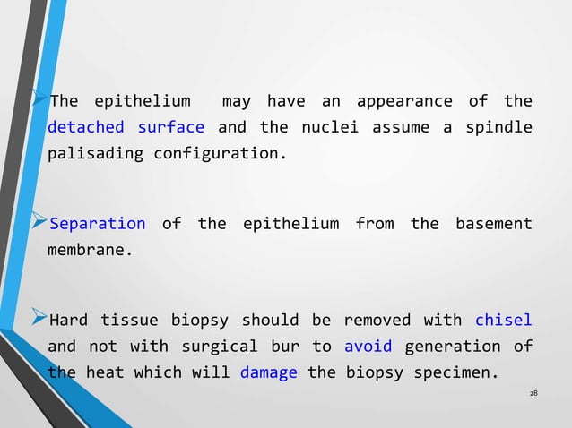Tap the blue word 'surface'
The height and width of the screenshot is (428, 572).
(170, 127)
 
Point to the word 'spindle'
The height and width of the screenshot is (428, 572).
(498, 127)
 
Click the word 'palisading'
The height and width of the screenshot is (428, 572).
(95, 153)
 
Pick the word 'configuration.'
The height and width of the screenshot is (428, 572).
(221, 153)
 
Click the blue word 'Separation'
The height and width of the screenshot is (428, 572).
(98, 224)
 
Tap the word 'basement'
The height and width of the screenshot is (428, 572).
(494, 224)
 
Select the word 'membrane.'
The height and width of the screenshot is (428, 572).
(90, 250)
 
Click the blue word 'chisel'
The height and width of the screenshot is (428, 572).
(503, 320)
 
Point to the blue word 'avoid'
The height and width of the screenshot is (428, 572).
(367, 346)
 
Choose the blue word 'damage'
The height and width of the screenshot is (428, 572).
(269, 372)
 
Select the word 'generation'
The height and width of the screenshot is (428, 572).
(452, 346)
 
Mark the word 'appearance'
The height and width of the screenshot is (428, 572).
(404, 100)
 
